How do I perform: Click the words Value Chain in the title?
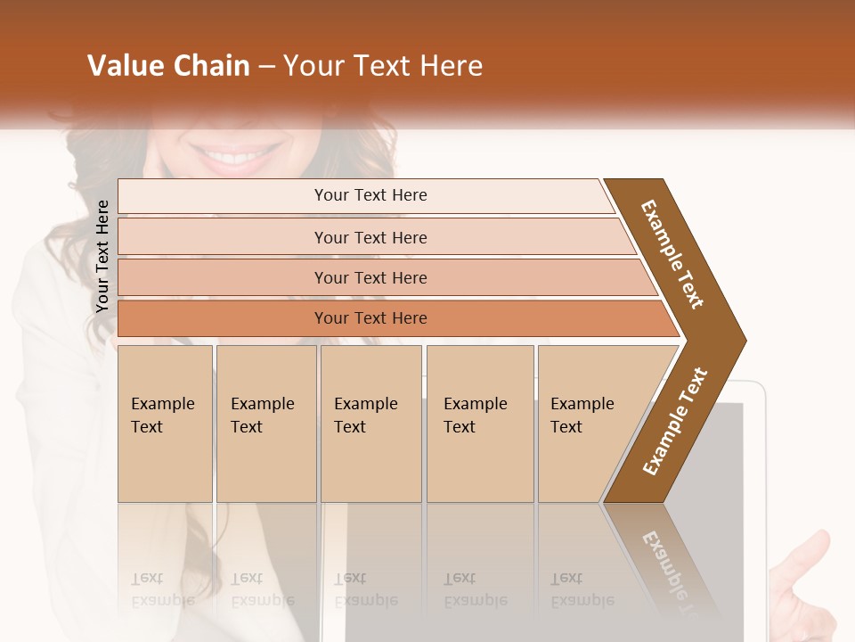coord(168,66)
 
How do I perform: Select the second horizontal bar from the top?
coord(370,237)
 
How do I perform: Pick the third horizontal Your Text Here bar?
coord(370,277)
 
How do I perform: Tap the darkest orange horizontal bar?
coord(370,318)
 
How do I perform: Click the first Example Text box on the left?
coord(165,424)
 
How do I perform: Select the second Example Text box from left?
coord(265,424)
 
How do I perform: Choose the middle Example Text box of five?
coord(370,424)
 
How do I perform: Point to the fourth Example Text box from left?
coord(480,424)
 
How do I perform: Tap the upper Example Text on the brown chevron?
coord(672,254)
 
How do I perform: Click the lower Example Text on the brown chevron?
coord(674,422)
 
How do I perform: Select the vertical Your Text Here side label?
coord(102,256)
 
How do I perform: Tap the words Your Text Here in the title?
coord(383,66)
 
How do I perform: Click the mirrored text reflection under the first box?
coord(163,588)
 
